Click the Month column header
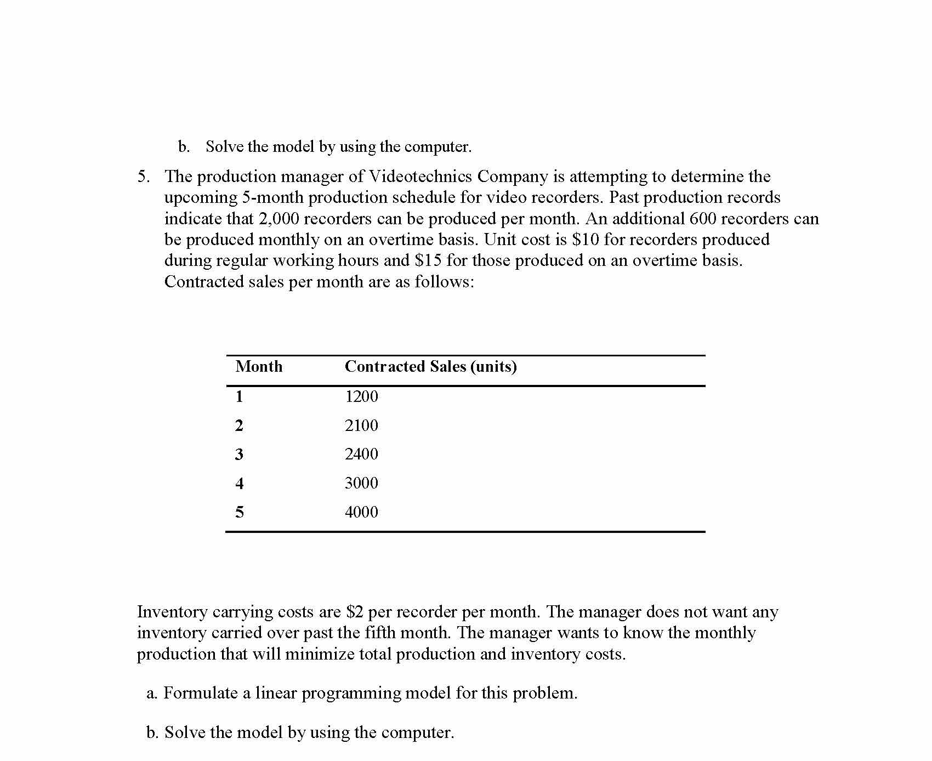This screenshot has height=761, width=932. click(259, 366)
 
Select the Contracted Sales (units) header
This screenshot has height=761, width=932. click(430, 366)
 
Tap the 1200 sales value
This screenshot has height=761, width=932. click(361, 396)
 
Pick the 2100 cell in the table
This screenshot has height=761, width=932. click(361, 425)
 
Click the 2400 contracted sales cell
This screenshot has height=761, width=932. click(361, 454)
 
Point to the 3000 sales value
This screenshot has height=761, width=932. click(361, 483)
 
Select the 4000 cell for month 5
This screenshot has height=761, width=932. click(361, 512)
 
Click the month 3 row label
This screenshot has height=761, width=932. click(239, 454)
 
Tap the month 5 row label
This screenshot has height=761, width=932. click(239, 512)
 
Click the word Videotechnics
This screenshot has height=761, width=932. click(420, 177)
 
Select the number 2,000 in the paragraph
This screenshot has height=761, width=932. click(279, 219)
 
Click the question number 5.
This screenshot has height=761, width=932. click(143, 177)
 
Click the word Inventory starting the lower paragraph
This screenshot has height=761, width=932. click(172, 612)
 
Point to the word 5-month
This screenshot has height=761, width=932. click(272, 198)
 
